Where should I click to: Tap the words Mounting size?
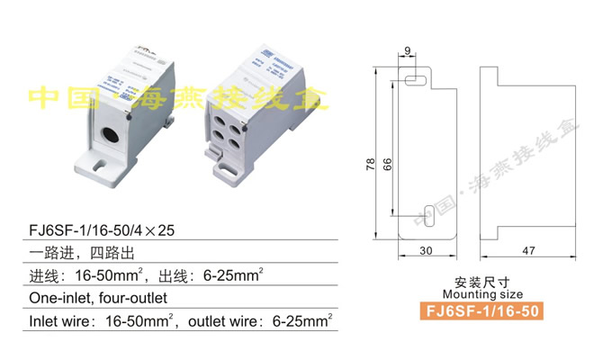[x=482, y=294]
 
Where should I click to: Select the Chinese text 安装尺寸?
[x=482, y=282]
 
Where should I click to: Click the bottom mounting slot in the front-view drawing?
[x=428, y=214]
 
